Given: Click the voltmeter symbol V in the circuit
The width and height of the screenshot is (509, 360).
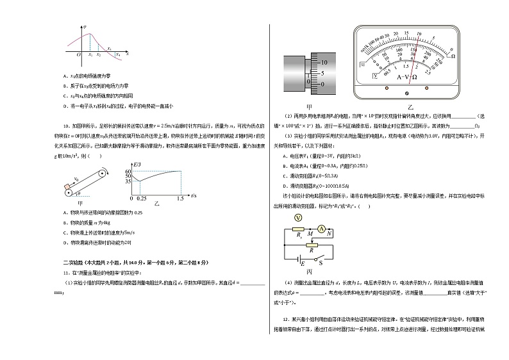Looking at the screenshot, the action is coord(297,218).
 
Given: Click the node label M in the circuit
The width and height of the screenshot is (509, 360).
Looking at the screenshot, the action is coord(310,234).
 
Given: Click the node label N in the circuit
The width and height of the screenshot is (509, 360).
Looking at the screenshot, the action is coord(329,234).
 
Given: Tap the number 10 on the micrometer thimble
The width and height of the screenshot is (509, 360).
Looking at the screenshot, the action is coord(324,63).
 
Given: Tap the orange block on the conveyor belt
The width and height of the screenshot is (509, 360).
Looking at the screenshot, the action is coord(67,188).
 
